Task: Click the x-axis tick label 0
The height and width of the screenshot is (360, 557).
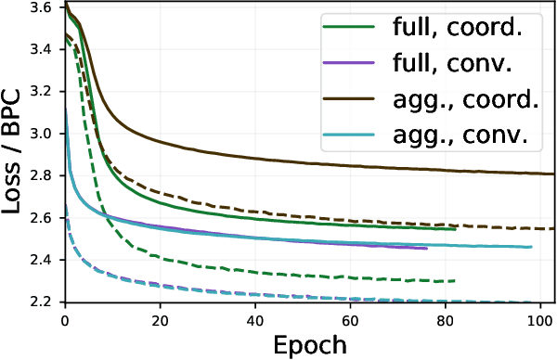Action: click(x=64, y=320)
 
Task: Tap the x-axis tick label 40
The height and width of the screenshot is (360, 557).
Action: click(x=255, y=320)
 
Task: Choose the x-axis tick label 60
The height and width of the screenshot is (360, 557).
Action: click(x=350, y=320)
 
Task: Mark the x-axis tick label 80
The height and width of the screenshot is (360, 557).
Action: click(x=446, y=320)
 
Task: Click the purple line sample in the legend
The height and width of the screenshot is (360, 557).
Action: click(x=347, y=63)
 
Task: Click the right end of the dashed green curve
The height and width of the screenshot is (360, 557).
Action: click(x=455, y=280)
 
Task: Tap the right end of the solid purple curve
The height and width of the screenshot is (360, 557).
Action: click(x=427, y=249)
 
